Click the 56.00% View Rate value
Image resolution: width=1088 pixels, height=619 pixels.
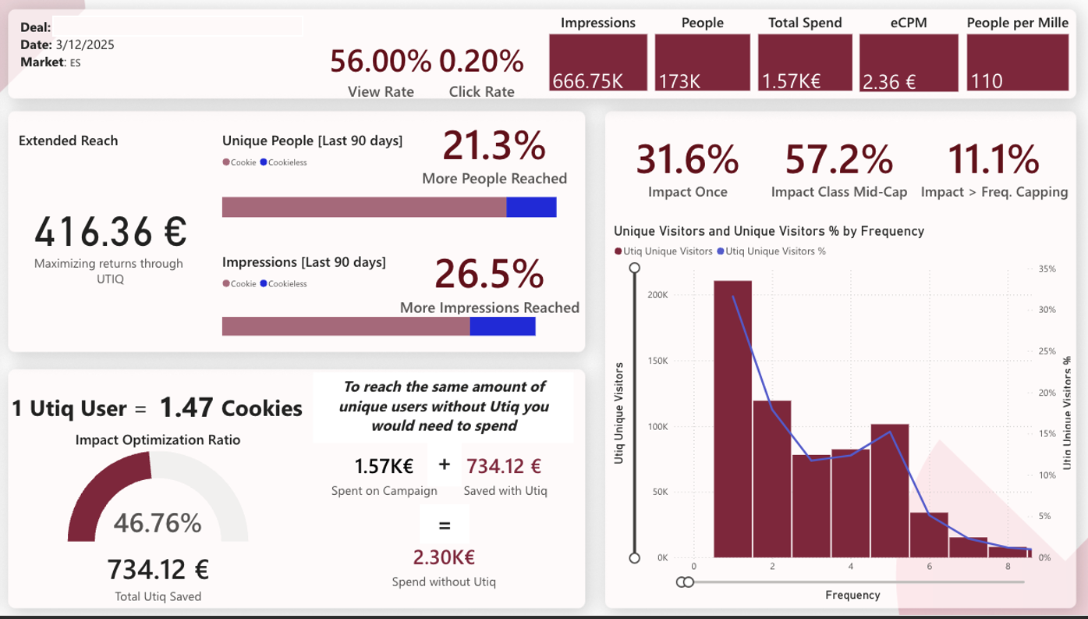click(381, 62)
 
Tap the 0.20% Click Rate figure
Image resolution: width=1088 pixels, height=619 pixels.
click(481, 62)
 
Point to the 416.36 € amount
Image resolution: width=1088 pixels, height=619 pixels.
click(109, 231)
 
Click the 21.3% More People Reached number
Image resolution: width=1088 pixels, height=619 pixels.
click(494, 147)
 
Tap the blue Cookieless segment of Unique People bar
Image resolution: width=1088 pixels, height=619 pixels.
click(531, 207)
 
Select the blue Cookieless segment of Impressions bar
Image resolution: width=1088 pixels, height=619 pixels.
click(502, 326)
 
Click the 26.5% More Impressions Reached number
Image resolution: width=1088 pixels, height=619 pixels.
click(489, 274)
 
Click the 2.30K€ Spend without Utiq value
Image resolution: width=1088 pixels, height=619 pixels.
click(444, 557)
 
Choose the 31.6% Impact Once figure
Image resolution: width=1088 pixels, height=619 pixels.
click(687, 160)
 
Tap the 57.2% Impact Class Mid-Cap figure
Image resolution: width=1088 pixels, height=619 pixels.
click(838, 160)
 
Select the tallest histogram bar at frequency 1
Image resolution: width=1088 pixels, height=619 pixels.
click(733, 418)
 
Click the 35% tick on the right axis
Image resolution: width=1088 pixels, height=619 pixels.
click(1047, 269)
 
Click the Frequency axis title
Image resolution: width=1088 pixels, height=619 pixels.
click(852, 595)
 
